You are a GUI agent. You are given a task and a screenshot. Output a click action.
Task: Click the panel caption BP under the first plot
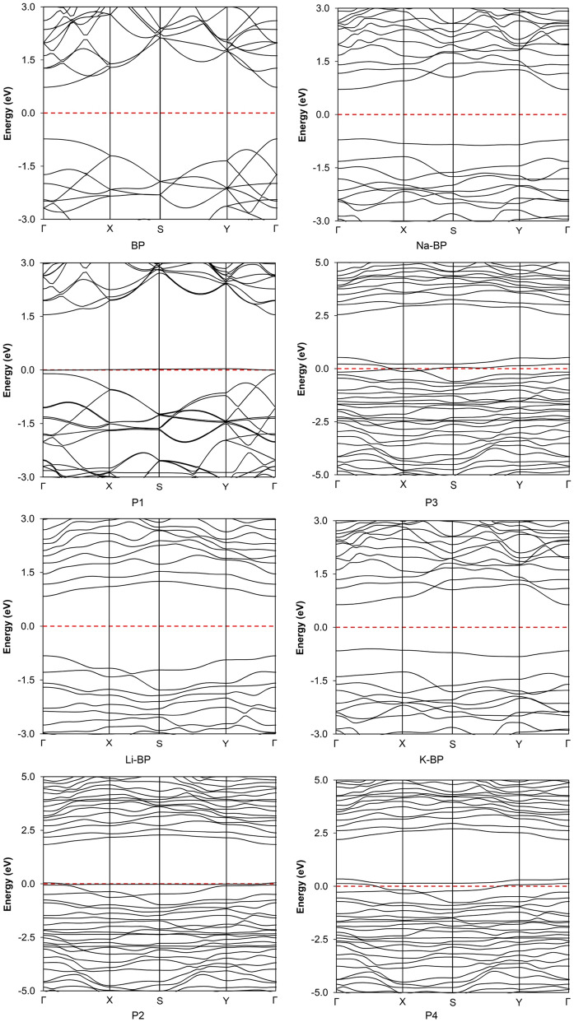coord(159,245)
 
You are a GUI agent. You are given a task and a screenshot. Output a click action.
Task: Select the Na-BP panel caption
coord(453,246)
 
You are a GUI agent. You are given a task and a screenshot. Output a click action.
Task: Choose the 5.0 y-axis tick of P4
coord(318,779)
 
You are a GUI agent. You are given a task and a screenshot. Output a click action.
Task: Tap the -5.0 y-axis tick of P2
coord(26,991)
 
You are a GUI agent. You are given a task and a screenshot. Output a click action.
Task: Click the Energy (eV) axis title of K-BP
coord(301,627)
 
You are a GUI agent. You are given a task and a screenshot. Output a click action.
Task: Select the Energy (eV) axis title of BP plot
coord(7,113)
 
